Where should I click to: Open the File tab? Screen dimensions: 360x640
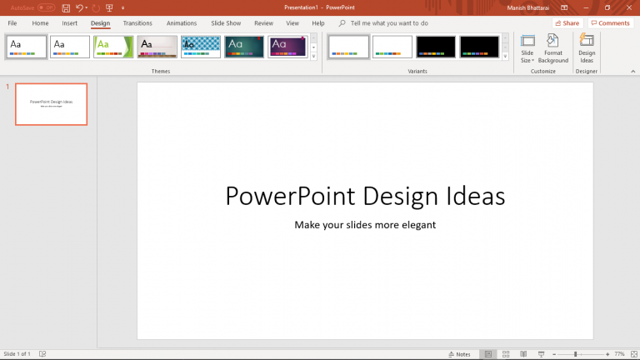coord(12,23)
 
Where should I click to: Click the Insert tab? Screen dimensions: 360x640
coord(69,23)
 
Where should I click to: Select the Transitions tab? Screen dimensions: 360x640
coord(137,23)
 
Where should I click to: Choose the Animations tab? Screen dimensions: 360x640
coord(182,23)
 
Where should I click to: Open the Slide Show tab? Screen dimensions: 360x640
coord(226,23)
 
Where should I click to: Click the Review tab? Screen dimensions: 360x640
coord(263,23)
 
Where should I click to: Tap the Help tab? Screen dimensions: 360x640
coord(318,23)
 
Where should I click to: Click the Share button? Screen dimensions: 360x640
coord(567,23)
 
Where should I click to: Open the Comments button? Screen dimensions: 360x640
coord(610,23)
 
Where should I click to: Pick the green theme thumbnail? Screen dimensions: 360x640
coord(113,47)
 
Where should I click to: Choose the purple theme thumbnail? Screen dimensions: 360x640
coord(288,47)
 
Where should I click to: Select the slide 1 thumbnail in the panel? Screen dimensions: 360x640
coord(51,104)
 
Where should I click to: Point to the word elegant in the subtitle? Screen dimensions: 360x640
coord(416,224)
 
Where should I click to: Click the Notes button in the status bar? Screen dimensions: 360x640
coord(459,354)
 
